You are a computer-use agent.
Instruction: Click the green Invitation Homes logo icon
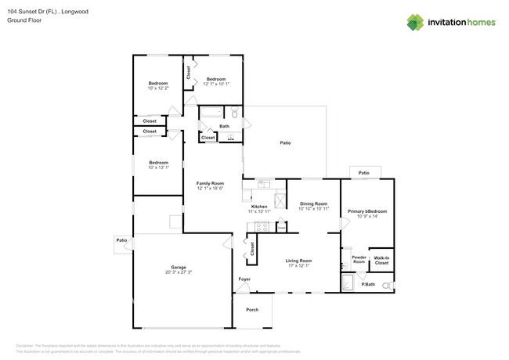click(x=415, y=22)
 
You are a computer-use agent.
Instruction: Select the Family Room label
click(x=210, y=183)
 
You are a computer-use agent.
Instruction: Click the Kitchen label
click(x=258, y=207)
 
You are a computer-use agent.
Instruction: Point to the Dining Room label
click(x=313, y=203)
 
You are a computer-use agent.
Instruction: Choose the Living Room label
click(x=298, y=261)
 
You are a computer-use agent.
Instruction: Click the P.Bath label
click(x=367, y=284)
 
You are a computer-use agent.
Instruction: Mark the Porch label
click(x=252, y=310)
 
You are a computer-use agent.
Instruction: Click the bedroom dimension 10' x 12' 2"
click(x=158, y=88)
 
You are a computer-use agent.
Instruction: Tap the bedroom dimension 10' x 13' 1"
click(x=159, y=167)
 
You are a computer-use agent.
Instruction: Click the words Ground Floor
click(x=26, y=20)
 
